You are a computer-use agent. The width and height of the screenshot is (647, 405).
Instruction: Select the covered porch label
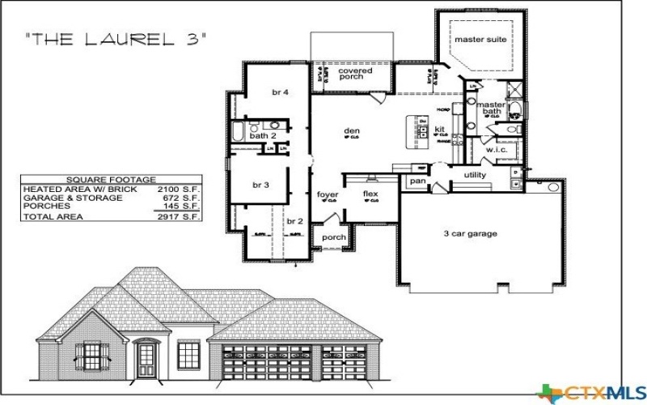pyautogui.click(x=355, y=74)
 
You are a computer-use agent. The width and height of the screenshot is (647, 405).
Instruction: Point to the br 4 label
pyautogui.click(x=281, y=92)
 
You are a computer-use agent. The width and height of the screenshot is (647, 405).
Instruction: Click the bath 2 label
pyautogui.click(x=263, y=135)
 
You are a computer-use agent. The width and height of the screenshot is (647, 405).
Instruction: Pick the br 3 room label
pyautogui.click(x=260, y=185)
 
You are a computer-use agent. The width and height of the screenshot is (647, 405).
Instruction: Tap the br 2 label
pyautogui.click(x=294, y=220)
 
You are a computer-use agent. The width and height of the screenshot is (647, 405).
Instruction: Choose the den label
pyautogui.click(x=352, y=130)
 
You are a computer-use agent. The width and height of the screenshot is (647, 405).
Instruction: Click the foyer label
pyautogui.click(x=328, y=194)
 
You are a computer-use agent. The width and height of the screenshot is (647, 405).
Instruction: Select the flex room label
pyautogui.click(x=370, y=194)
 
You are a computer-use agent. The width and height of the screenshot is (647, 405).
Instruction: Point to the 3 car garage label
pyautogui.click(x=470, y=234)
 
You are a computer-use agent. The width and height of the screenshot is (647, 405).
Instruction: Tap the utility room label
pyautogui.click(x=475, y=175)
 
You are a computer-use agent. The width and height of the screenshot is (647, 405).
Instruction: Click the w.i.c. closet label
pyautogui.click(x=496, y=150)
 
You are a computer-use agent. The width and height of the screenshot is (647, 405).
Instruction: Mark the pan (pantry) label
pyautogui.click(x=417, y=181)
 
